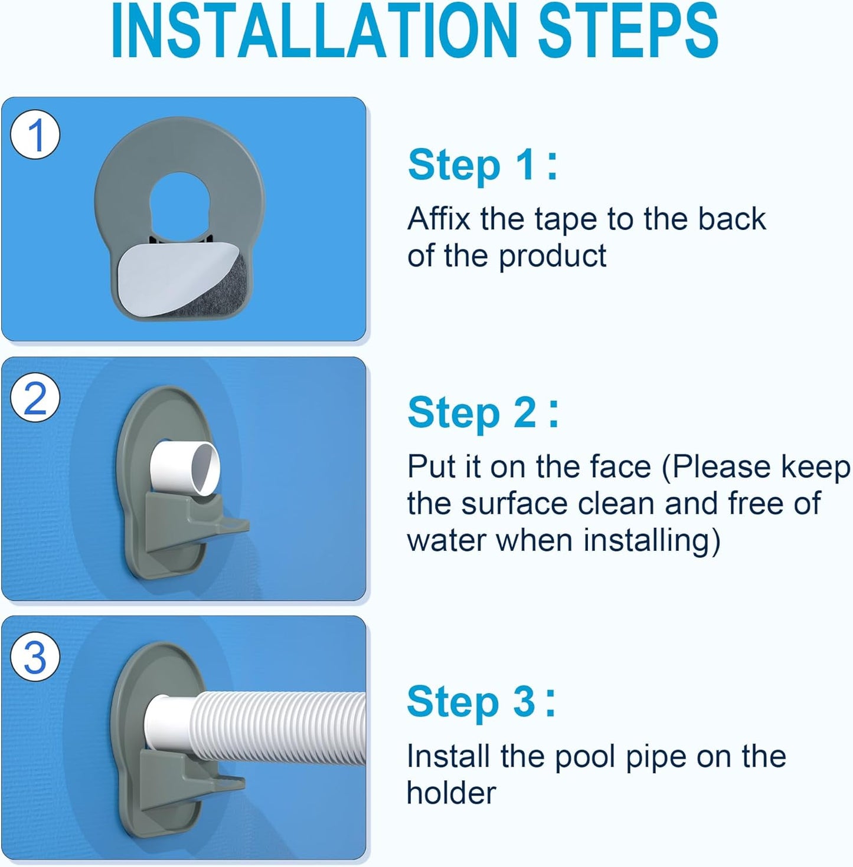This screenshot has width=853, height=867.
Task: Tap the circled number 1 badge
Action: [x=35, y=135]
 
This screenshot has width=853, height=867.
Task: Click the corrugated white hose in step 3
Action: [x=283, y=725]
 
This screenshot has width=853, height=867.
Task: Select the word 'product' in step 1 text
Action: [x=552, y=257]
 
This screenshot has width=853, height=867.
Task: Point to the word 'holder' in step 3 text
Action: [x=452, y=793]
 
